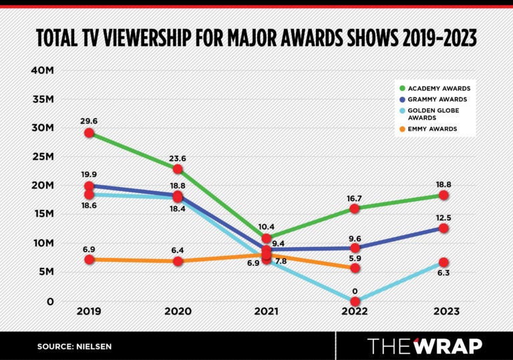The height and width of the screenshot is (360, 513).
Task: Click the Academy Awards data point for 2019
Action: pos(90,134)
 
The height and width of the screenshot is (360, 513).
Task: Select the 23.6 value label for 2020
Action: pos(178,158)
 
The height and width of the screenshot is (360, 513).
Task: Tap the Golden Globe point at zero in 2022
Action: pos(355,301)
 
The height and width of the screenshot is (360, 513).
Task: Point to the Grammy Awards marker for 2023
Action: pos(444,228)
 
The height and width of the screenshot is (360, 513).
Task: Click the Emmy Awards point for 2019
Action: pos(90,259)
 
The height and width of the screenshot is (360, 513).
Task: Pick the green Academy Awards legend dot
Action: pos(402,88)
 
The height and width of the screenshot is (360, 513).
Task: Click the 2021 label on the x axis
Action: pos(267,311)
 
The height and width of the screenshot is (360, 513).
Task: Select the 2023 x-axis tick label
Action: pos(444,311)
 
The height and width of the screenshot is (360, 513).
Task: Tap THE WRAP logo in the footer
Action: pos(425,345)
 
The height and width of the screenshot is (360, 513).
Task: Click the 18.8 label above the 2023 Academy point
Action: pos(444,181)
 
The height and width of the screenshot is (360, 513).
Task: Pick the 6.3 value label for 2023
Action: pos(444,275)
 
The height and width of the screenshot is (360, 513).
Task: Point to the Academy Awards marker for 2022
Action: pos(355,208)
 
